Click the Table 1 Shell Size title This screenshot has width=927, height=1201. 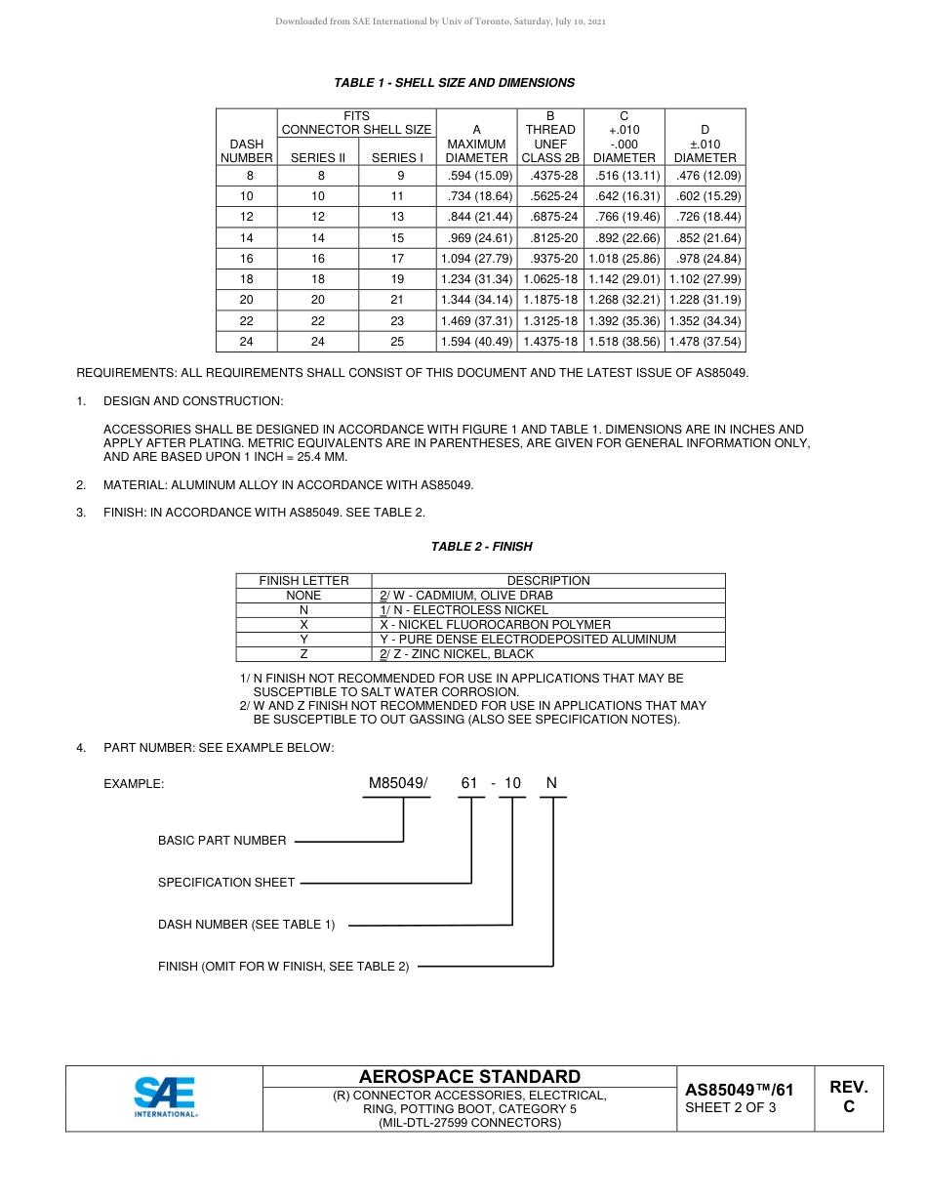tap(454, 83)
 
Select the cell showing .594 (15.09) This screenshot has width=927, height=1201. tap(476, 176)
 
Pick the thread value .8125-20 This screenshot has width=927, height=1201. tap(553, 238)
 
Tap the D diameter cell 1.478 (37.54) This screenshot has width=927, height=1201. tap(705, 342)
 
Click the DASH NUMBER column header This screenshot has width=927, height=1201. tap(247, 150)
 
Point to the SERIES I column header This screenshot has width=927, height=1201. tap(396, 157)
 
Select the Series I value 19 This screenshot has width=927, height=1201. tap(396, 279)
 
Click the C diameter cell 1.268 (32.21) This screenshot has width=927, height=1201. tap(624, 300)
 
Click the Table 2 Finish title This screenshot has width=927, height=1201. tap(481, 547)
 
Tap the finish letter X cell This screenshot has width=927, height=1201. tap(303, 624)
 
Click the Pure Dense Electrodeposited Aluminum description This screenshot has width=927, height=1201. tap(527, 639)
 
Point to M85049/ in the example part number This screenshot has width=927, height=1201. tap(397, 783)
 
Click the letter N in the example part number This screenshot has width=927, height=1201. tap(551, 783)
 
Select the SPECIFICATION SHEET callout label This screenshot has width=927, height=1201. tap(226, 883)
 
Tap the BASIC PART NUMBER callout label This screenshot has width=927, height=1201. tap(222, 841)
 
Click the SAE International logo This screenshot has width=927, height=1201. tap(165, 1097)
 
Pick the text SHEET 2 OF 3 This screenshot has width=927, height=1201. tap(731, 1107)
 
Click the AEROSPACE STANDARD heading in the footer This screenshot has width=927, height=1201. tap(469, 1077)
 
